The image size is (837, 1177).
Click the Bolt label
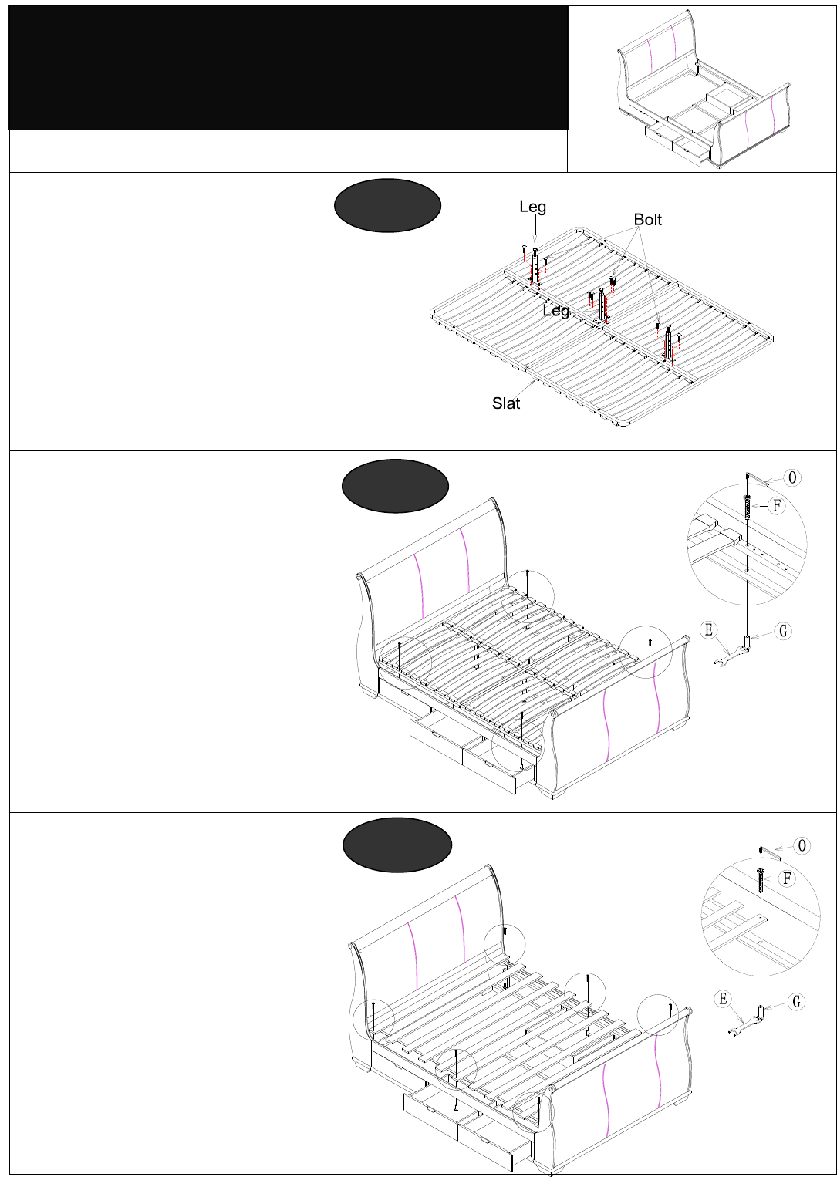pyautogui.click(x=647, y=220)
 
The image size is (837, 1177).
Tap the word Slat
pyautogui.click(x=506, y=403)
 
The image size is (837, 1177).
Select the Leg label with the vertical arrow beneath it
pyautogui.click(x=533, y=207)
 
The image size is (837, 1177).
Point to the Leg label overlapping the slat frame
pyautogui.click(x=556, y=311)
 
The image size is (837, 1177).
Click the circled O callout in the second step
pyautogui.click(x=792, y=478)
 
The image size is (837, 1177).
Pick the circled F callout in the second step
pyautogui.click(x=777, y=506)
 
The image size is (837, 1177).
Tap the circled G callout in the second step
pyautogui.click(x=783, y=631)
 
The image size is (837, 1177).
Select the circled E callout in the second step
pyautogui.click(x=709, y=629)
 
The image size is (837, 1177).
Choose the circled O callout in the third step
pyautogui.click(x=802, y=846)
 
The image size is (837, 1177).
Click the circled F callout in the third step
pyautogui.click(x=787, y=879)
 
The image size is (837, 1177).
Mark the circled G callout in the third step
pyautogui.click(x=797, y=1002)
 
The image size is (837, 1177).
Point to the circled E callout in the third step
pyautogui.click(x=723, y=999)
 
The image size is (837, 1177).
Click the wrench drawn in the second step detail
pyautogui.click(x=731, y=656)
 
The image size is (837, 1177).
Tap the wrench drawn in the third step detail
pyautogui.click(x=744, y=1024)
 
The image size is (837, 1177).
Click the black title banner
pyautogui.click(x=289, y=69)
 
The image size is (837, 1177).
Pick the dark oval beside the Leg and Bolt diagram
pyautogui.click(x=388, y=205)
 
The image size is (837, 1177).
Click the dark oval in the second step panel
pyautogui.click(x=395, y=486)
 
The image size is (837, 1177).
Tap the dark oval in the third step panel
pyautogui.click(x=397, y=845)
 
